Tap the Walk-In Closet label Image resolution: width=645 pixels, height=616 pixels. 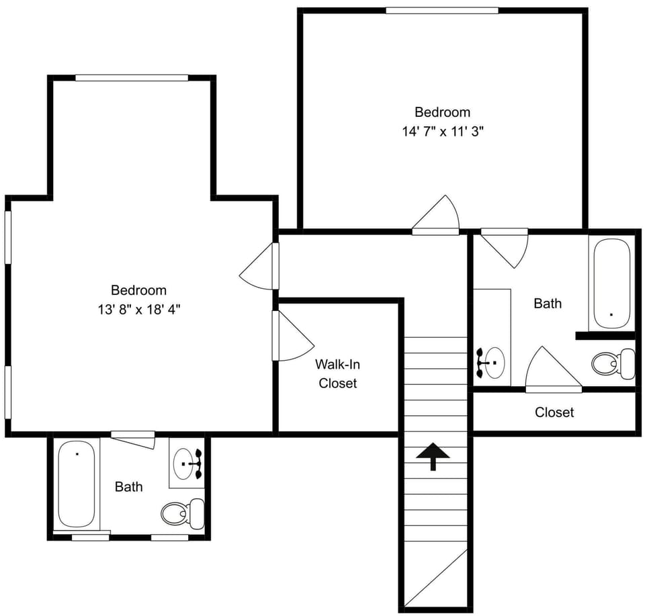337,374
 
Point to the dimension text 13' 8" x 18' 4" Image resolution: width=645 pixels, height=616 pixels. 138,310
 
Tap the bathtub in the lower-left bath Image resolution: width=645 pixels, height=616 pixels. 75,484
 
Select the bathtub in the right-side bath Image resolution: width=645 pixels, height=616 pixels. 611,282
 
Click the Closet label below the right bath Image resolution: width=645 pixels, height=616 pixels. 554,412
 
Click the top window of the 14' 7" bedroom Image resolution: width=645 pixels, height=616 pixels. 441,10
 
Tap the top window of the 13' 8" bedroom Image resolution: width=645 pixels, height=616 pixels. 132,78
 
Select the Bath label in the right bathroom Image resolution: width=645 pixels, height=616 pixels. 548,304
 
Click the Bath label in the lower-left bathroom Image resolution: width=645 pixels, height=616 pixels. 128,486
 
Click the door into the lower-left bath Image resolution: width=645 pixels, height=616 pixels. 133,439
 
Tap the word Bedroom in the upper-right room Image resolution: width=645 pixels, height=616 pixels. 442,112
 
